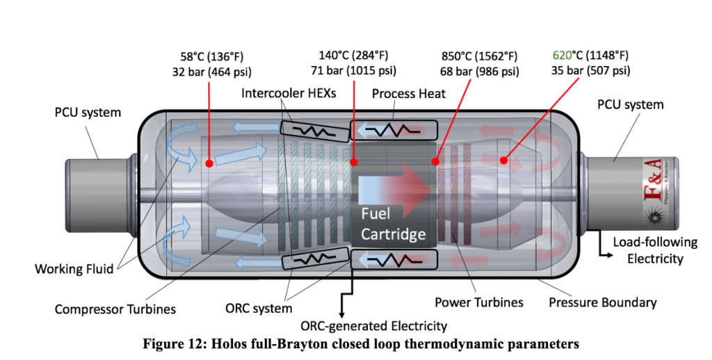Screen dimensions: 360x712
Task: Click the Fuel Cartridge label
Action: coord(393,224)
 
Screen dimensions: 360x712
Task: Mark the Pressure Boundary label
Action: coord(602,302)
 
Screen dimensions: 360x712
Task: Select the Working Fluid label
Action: coord(74,268)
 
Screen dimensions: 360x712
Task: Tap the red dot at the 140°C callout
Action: coord(354,162)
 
